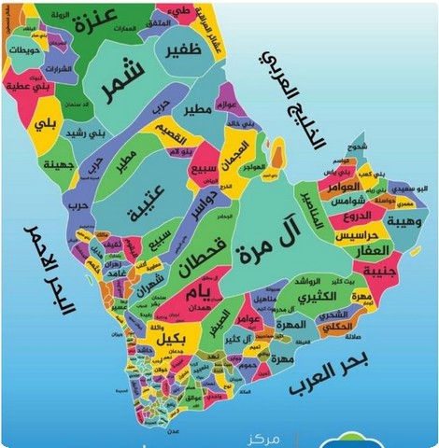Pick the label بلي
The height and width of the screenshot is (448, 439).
(x=46, y=119)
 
